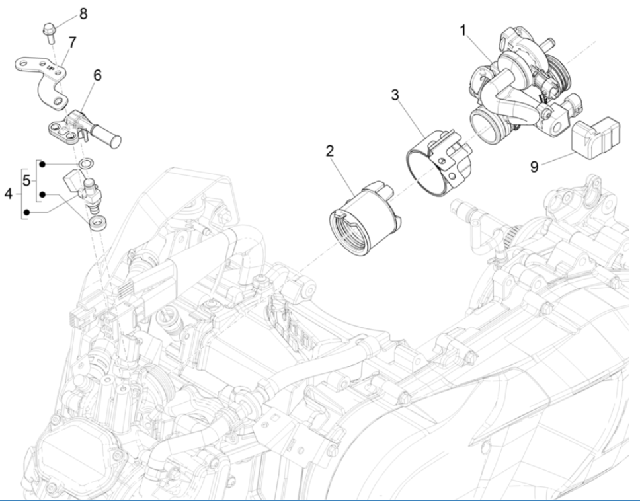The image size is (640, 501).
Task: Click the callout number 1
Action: (x=463, y=30)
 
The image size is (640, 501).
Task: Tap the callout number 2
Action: (x=328, y=151)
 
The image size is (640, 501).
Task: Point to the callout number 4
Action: (x=9, y=194)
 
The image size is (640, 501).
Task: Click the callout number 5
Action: (x=26, y=180)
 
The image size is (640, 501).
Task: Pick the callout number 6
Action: (x=97, y=75)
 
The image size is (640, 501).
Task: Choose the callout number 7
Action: (x=71, y=42)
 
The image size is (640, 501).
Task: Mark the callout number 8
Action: (x=83, y=13)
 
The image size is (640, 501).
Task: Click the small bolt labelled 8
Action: (x=49, y=30)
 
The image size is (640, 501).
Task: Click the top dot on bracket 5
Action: (x=42, y=163)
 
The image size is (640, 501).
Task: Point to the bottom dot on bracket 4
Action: (x=26, y=212)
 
